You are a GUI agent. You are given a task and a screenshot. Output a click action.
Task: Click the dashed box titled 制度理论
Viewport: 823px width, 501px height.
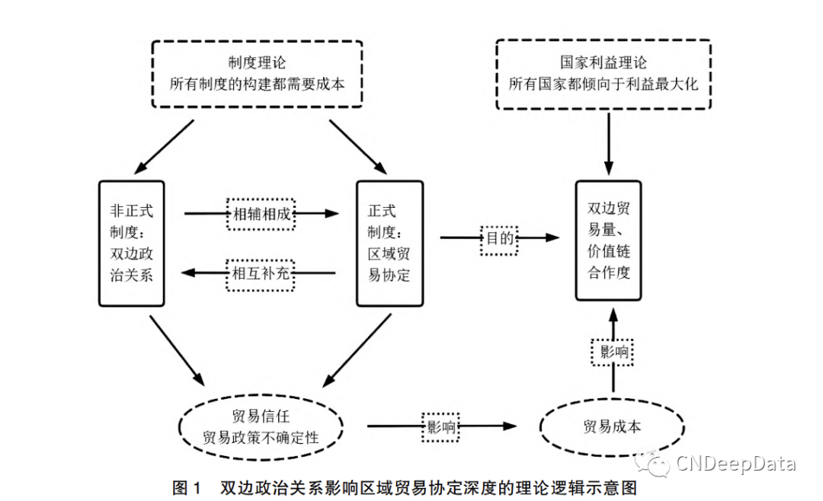pyautogui.click(x=257, y=75)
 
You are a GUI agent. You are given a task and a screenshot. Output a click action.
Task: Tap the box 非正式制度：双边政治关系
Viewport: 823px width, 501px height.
pyautogui.click(x=131, y=243)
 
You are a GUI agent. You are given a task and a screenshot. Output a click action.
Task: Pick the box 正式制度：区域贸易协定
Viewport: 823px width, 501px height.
pyautogui.click(x=389, y=243)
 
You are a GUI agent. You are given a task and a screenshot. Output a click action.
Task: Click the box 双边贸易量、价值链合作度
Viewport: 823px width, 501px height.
pyautogui.click(x=608, y=240)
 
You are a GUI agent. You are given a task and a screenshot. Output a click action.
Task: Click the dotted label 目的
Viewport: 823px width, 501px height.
pyautogui.click(x=498, y=239)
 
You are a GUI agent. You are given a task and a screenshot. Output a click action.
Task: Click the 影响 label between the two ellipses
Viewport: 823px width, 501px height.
pyautogui.click(x=440, y=427)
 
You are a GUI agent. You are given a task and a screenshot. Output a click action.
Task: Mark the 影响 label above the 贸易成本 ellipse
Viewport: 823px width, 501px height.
pyautogui.click(x=612, y=352)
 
